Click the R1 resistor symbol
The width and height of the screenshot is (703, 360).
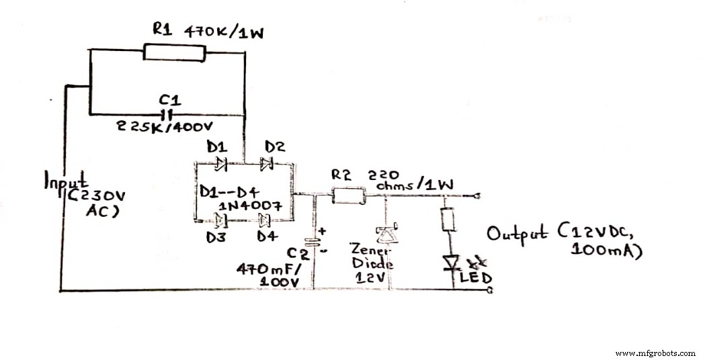click(173, 52)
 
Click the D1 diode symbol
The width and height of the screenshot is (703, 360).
click(220, 162)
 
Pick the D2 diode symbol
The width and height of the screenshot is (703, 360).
click(267, 162)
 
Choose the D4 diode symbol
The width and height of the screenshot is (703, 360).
click(265, 218)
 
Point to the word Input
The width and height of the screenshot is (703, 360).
click(66, 181)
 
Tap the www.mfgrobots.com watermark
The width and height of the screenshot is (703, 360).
click(655, 353)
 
